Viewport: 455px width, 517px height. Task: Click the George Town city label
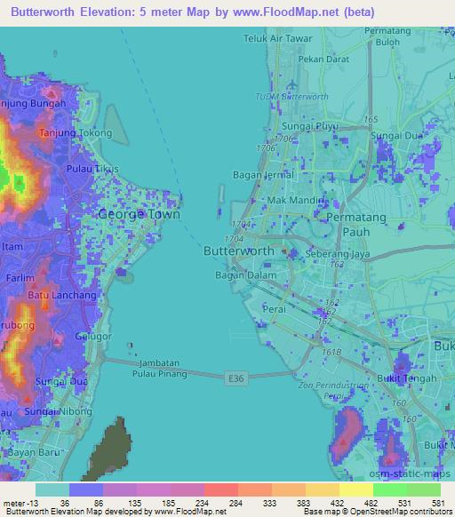coord(139,214)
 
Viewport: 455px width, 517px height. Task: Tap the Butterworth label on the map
coord(239,251)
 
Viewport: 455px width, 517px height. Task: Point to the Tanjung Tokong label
coord(76,133)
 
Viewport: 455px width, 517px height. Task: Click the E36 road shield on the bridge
coord(235,378)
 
